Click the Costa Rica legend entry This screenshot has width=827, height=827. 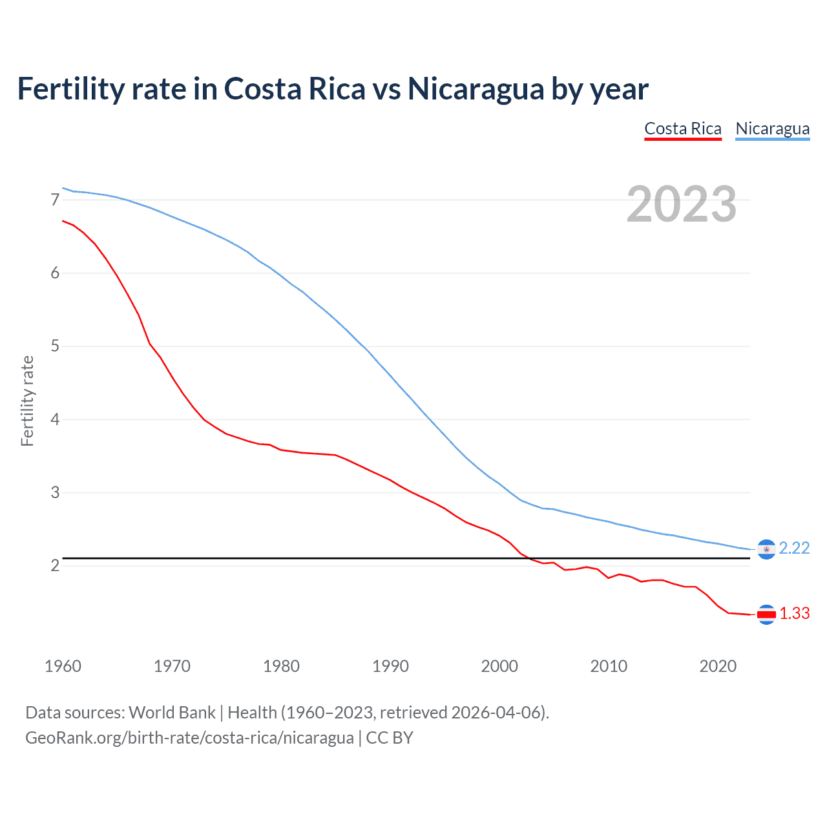(682, 129)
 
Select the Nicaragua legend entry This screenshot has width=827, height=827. (772, 129)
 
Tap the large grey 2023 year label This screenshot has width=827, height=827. (681, 204)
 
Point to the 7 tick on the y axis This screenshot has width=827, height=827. (55, 200)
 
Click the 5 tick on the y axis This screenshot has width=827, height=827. (55, 346)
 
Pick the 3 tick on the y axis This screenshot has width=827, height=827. (55, 492)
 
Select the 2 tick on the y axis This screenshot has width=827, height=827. (55, 566)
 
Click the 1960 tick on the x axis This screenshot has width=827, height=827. (63, 666)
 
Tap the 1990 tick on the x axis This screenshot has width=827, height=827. (390, 666)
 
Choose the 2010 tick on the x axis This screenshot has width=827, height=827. (609, 666)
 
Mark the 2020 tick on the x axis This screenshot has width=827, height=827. (718, 666)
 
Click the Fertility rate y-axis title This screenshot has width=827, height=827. (27, 401)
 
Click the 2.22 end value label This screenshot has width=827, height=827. (794, 548)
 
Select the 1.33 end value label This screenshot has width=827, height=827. (794, 613)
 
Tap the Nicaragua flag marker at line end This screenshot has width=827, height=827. (766, 549)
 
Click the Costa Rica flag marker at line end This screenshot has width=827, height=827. (766, 614)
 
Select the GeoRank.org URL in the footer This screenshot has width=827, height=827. (189, 738)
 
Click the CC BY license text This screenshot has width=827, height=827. (390, 738)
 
